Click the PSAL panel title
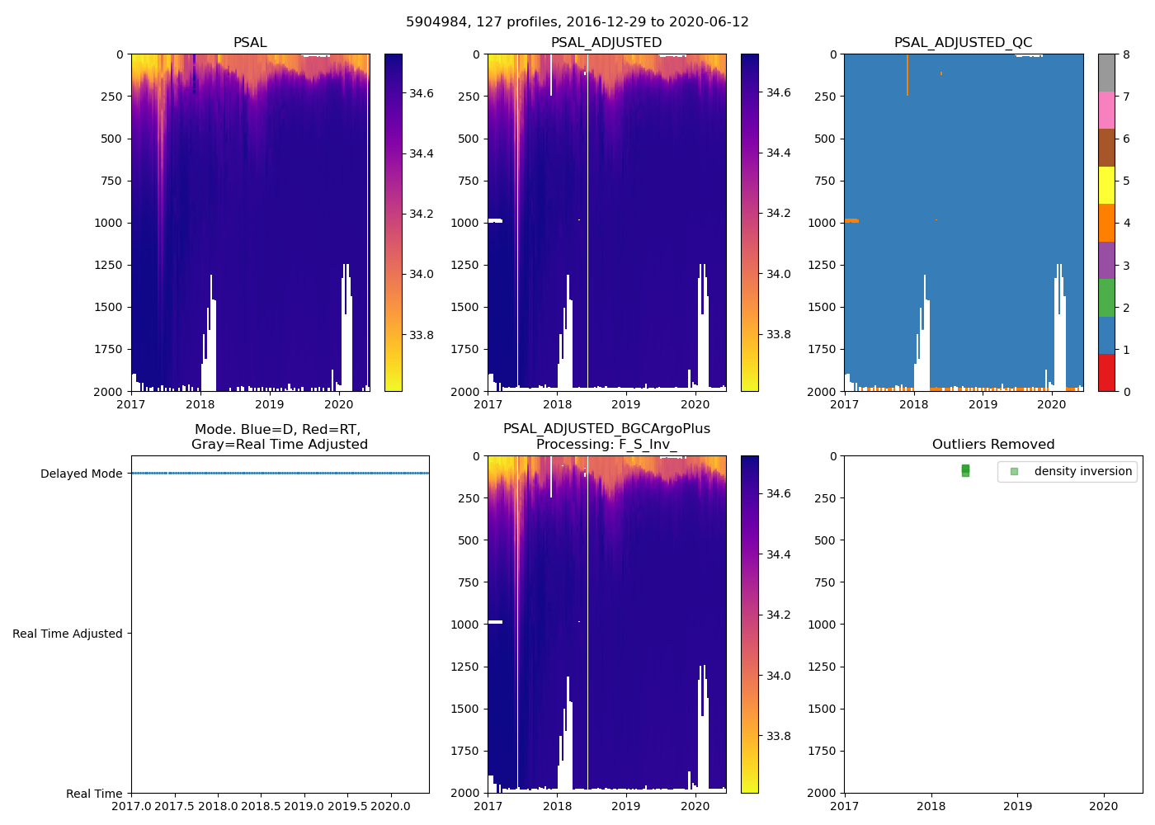pyautogui.click(x=250, y=43)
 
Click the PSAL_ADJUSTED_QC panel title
pyautogui.click(x=963, y=43)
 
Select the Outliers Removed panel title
pyautogui.click(x=992, y=445)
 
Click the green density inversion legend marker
pyautogui.click(x=1014, y=472)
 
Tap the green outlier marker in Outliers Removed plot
pyautogui.click(x=965, y=470)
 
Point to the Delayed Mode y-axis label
pyautogui.click(x=81, y=474)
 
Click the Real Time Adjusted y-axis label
pyautogui.click(x=67, y=634)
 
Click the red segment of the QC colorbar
pyautogui.click(x=1106, y=372)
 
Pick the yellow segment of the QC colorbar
pyautogui.click(x=1106, y=185)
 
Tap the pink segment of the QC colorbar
pyautogui.click(x=1106, y=110)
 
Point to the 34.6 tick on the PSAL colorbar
pyautogui.click(x=422, y=93)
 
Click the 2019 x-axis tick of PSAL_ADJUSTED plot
pyautogui.click(x=626, y=404)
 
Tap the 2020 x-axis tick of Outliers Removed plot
pyautogui.click(x=1104, y=806)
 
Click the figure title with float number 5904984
pyautogui.click(x=577, y=22)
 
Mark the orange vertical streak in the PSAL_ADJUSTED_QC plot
pyautogui.click(x=907, y=74)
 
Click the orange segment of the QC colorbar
pyautogui.click(x=1106, y=223)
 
